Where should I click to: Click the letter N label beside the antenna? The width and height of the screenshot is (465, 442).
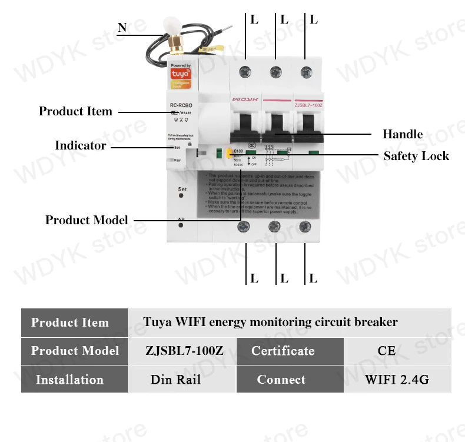tap(122, 28)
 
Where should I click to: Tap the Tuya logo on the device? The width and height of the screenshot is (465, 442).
tap(180, 75)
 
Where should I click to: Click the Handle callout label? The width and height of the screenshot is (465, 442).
tap(403, 134)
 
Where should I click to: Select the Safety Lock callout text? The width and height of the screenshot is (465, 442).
tap(416, 156)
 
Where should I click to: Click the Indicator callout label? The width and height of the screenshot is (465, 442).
tap(81, 145)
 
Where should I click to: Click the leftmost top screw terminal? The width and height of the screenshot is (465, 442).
tap(244, 72)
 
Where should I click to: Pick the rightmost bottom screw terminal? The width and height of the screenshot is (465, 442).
tap(304, 226)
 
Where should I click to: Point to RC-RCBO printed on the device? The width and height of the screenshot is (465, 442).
tap(181, 105)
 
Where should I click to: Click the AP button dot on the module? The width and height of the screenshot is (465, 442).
tap(182, 225)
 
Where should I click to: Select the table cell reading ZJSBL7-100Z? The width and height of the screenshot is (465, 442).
tap(185, 351)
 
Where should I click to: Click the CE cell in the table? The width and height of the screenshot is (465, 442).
tap(387, 351)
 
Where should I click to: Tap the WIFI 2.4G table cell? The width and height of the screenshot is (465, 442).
tap(397, 380)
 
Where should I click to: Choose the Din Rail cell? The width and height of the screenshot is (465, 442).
tap(175, 380)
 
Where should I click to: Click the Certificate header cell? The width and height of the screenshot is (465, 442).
tap(283, 351)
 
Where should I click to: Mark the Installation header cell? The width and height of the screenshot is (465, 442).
tap(69, 380)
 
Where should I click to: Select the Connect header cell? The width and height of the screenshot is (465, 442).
tap(281, 380)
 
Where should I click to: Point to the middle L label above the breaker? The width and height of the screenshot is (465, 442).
tap(284, 19)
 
